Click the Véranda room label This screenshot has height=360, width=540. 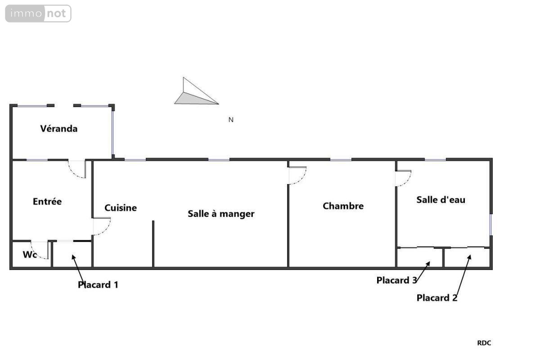click(59, 129)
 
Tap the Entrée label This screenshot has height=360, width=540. click(47, 202)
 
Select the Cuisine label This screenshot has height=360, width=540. click(121, 208)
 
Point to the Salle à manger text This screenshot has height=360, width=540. click(221, 214)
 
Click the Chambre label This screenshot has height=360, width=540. click(343, 206)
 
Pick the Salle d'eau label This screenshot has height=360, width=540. click(441, 199)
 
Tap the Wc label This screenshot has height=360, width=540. click(30, 255)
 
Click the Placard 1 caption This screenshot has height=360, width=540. click(98, 284)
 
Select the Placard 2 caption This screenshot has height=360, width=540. click(437, 297)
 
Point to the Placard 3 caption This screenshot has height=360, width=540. click(396, 280)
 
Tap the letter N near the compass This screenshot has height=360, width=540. click(231, 120)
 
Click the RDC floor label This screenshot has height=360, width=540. click(484, 343)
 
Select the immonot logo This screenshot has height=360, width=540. click(38, 13)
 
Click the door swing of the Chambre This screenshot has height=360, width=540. click(297, 175)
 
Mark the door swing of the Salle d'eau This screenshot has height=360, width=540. click(403, 178)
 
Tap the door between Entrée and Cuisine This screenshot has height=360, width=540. click(102, 226)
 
